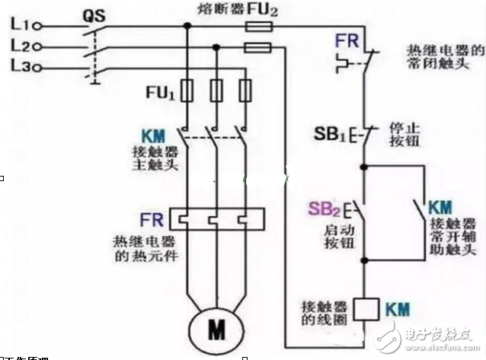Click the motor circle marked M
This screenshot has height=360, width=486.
click(x=216, y=327)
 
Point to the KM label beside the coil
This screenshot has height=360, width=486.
click(x=396, y=310)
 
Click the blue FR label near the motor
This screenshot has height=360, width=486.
click(x=150, y=220)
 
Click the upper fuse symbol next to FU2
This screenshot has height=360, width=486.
click(x=257, y=26)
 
